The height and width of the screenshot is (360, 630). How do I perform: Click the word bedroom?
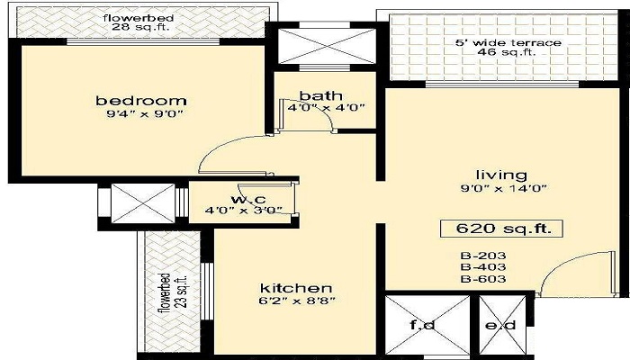141,100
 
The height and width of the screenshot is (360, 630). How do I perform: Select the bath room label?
318,95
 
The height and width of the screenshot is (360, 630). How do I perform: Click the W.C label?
242,198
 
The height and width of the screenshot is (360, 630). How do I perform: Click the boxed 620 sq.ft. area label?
501,229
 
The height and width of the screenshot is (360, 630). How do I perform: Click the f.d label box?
426,326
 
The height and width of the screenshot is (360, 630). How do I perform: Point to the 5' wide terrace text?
508,42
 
